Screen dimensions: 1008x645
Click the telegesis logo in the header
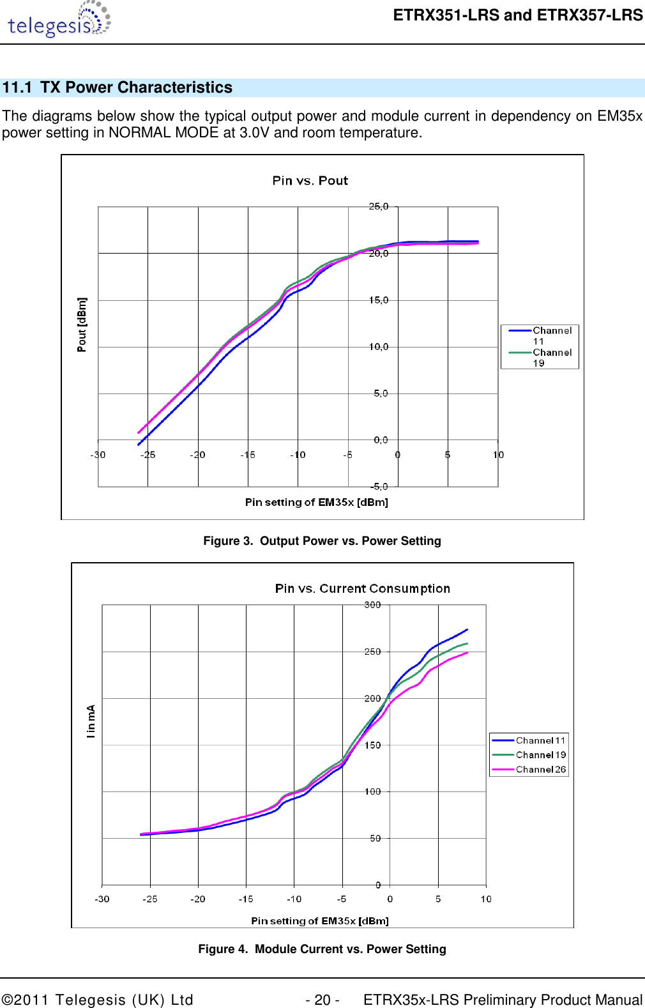[x=59, y=21]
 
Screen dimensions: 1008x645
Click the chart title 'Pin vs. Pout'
[x=310, y=181]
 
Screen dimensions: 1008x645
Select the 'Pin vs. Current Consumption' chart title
[x=362, y=588]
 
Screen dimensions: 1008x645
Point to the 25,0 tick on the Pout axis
[x=378, y=206]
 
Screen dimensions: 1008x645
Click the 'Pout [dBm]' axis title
[x=82, y=325]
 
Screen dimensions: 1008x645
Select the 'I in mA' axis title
[x=91, y=721]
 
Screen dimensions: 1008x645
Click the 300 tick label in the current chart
[x=372, y=605]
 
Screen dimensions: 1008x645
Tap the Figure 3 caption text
[x=322, y=541]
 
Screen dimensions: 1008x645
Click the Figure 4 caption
[x=322, y=949]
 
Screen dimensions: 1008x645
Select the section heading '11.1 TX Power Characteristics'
[x=118, y=88]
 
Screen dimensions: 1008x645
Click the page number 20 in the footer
[x=322, y=1000]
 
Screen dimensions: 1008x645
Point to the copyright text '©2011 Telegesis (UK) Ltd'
[x=98, y=1000]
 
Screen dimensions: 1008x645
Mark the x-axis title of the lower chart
[x=319, y=920]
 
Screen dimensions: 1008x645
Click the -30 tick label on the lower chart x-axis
[x=102, y=899]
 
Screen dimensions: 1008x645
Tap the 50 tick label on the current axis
[x=375, y=838]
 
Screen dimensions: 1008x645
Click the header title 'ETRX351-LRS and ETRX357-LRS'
[x=517, y=15]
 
